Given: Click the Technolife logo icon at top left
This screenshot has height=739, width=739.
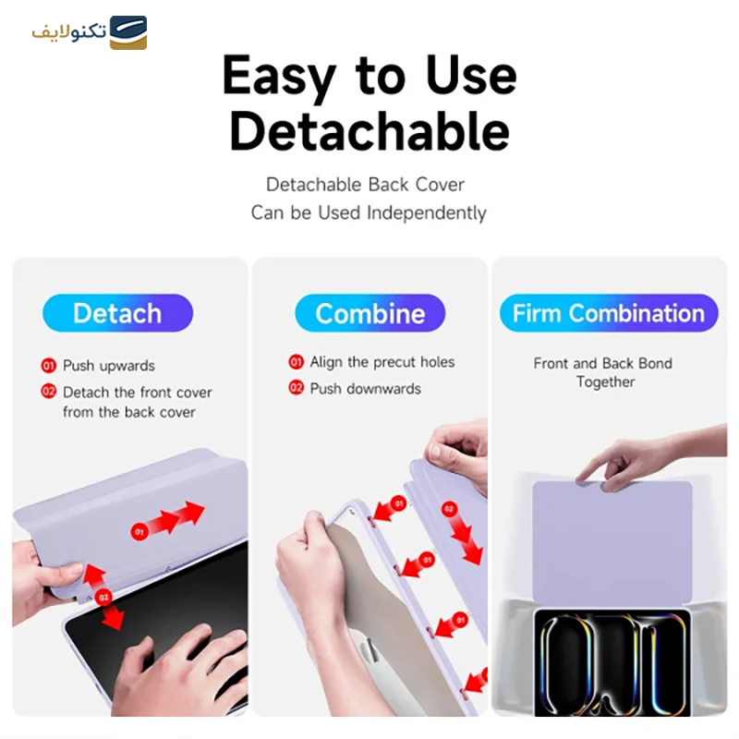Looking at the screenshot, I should [x=128, y=33].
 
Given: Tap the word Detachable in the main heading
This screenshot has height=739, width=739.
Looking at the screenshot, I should [x=369, y=132].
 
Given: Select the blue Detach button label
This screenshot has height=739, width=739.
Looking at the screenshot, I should [x=117, y=313].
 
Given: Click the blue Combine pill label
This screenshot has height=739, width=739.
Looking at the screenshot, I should [x=369, y=313].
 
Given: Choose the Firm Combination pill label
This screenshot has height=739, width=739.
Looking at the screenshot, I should [x=609, y=313].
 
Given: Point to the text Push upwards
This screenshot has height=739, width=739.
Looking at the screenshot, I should [x=109, y=366].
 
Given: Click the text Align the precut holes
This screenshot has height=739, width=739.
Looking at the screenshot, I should [x=382, y=362].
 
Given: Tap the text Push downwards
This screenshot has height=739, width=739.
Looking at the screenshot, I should [x=365, y=388].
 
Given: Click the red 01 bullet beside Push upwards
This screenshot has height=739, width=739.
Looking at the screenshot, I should [x=49, y=366].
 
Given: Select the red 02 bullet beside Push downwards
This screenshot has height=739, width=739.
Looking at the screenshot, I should [x=297, y=388].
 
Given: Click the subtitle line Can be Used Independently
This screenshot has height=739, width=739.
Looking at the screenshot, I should [x=369, y=212].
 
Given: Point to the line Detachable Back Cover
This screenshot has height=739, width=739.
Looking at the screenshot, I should [x=365, y=185].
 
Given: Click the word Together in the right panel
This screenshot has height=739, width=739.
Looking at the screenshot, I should [x=605, y=382].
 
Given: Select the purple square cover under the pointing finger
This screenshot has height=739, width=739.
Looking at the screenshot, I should [x=612, y=540].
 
